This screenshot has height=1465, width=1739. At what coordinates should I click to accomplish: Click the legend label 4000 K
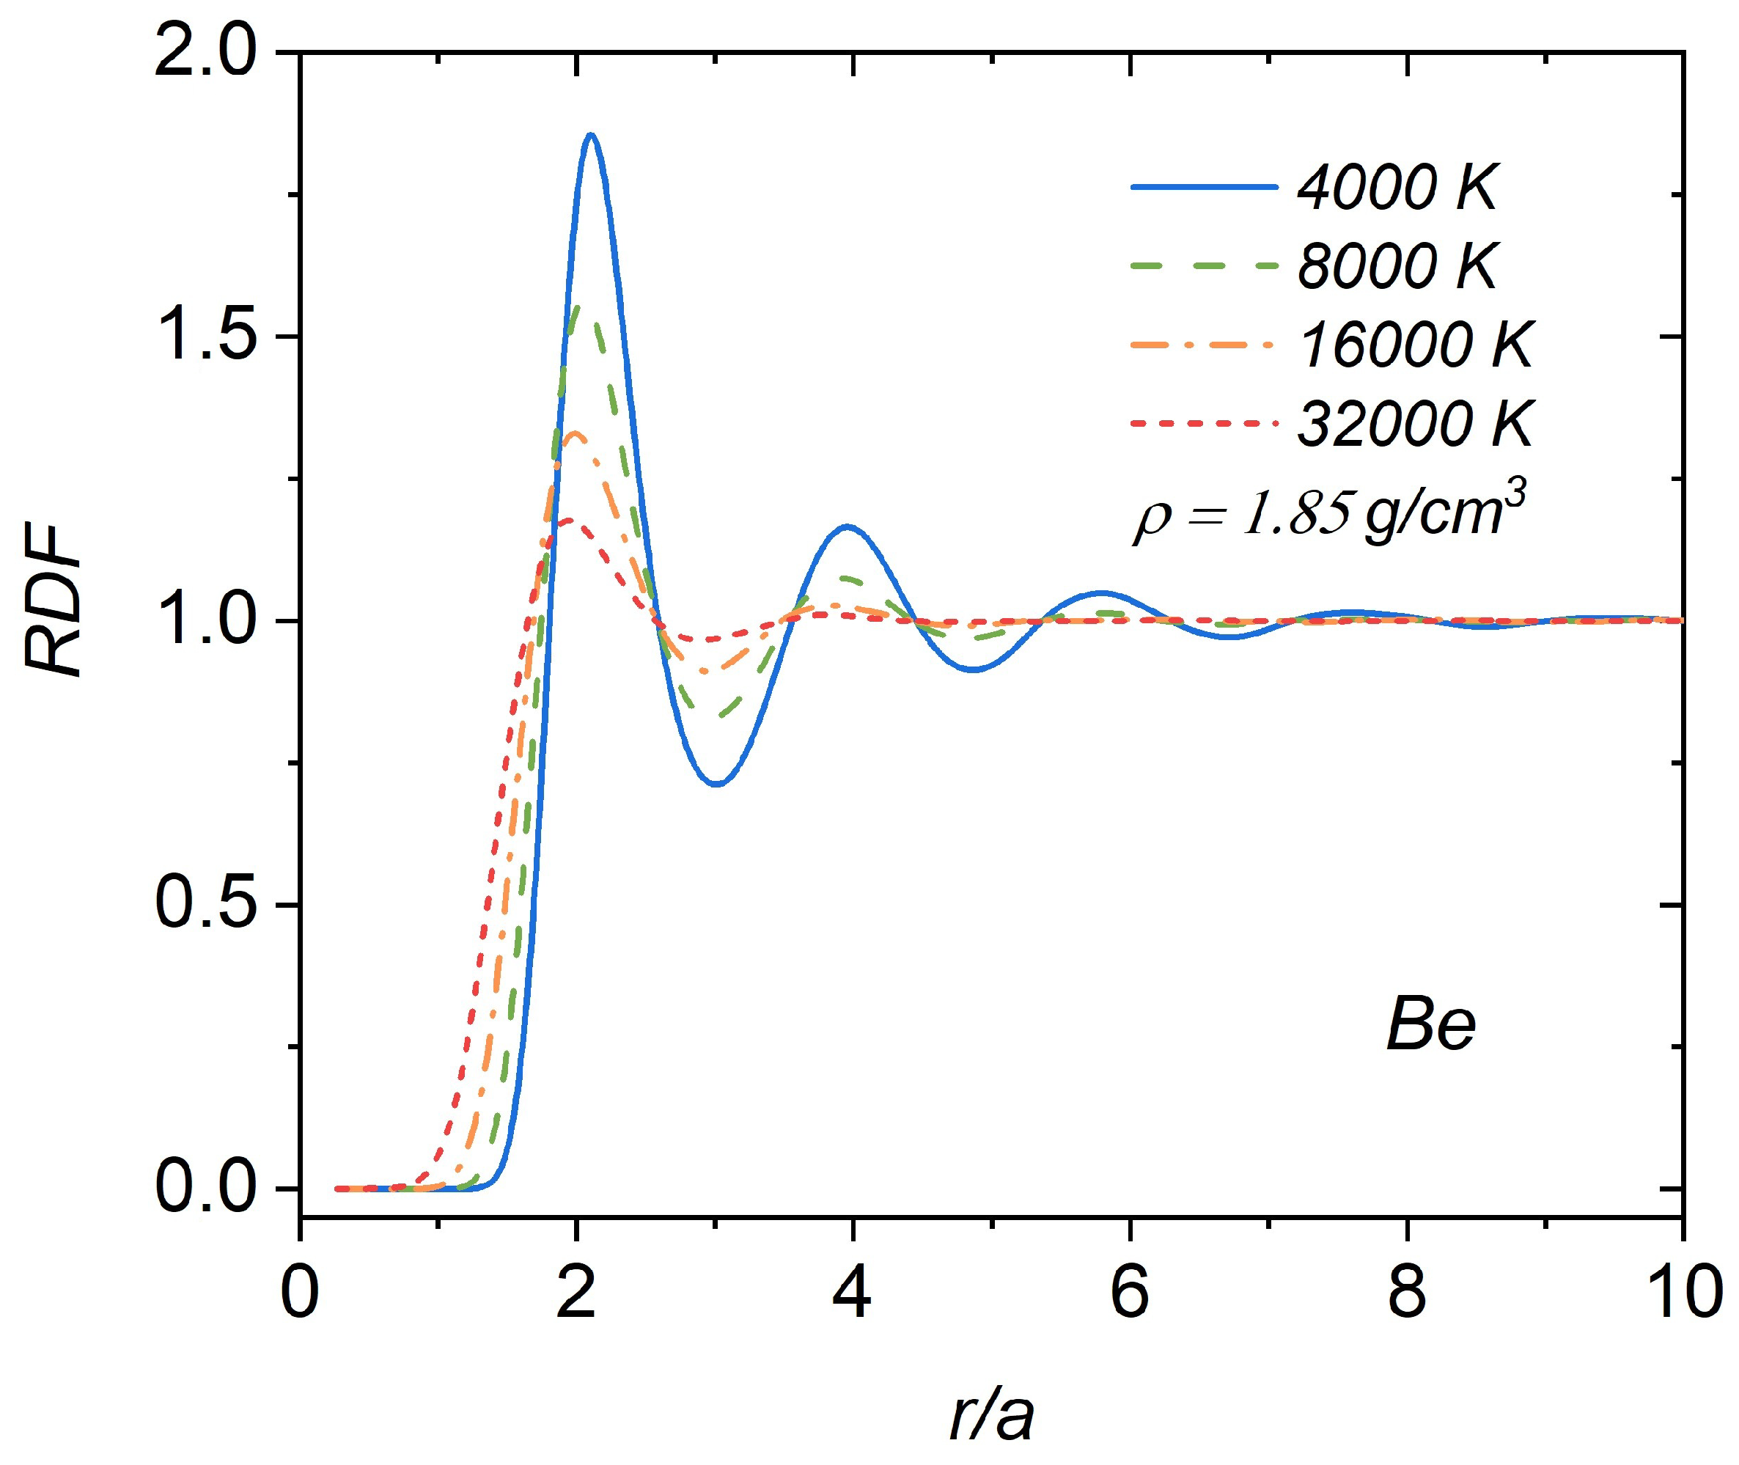[x=1397, y=188]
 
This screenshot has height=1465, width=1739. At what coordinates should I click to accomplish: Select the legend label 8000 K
[x=1397, y=267]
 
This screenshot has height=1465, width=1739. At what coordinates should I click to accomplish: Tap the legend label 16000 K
[x=1415, y=345]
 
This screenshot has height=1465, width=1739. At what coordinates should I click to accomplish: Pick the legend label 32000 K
[x=1415, y=424]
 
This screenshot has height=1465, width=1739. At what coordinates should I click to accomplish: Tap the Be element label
[x=1430, y=1027]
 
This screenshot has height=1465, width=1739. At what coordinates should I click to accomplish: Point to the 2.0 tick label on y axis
[x=205, y=53]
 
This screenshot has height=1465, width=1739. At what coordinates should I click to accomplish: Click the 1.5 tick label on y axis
[x=205, y=337]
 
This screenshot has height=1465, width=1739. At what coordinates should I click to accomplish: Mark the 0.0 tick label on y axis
[x=205, y=1189]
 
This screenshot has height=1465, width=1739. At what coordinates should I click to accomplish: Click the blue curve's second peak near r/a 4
[x=846, y=526]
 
